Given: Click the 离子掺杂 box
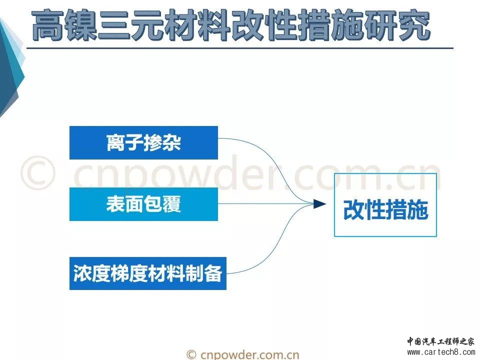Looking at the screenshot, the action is [143, 142].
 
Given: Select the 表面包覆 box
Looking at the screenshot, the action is [143, 204].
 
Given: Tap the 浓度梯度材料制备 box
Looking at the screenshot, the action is [148, 273].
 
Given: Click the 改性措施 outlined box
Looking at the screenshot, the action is [385, 205].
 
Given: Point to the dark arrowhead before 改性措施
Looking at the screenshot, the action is [320, 204].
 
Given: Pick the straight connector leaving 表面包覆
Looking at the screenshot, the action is [266, 204].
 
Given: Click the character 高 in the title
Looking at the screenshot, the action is [47, 25].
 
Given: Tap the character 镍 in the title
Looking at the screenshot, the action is [80, 25].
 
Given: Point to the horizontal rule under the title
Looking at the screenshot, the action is [240, 48].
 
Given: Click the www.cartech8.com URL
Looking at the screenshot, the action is [441, 352].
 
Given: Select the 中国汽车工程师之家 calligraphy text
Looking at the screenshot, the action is [440, 341].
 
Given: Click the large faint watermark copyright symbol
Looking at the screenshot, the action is [38, 172].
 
